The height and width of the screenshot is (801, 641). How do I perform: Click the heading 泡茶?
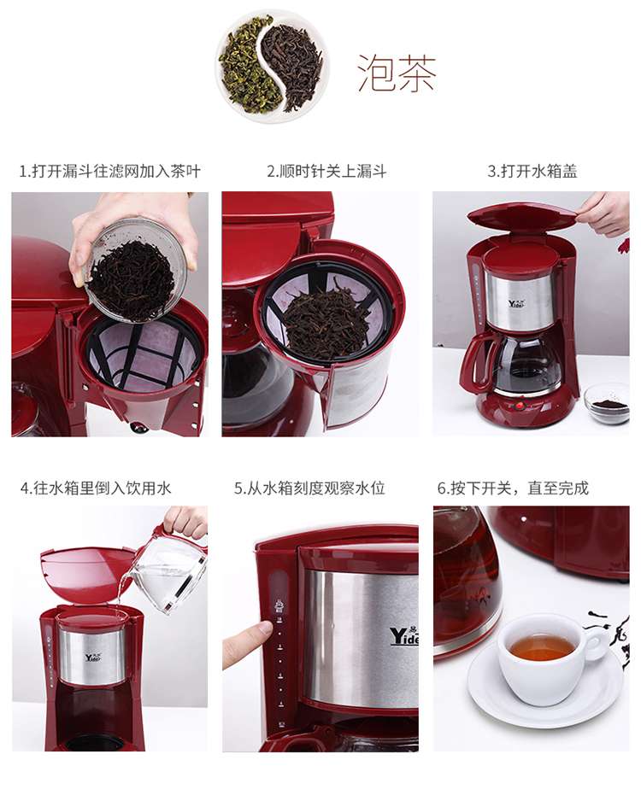pyautogui.click(x=397, y=73)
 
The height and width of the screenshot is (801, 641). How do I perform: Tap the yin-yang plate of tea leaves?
pyautogui.click(x=272, y=66)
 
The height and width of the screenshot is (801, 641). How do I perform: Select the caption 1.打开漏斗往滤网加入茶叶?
pyautogui.click(x=110, y=171)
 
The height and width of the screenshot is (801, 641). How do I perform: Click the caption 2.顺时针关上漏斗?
pyautogui.click(x=326, y=171)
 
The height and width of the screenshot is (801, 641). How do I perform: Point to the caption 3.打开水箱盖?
pyautogui.click(x=532, y=171)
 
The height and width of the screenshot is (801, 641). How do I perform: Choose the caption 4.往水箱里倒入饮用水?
pyautogui.click(x=96, y=488)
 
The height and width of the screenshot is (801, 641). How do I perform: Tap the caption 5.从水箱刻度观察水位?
pyautogui.click(x=309, y=488)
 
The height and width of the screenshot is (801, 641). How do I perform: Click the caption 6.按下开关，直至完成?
pyautogui.click(x=513, y=488)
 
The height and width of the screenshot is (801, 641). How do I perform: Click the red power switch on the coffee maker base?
pyautogui.click(x=520, y=406)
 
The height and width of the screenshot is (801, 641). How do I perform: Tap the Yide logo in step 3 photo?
pyautogui.click(x=516, y=303)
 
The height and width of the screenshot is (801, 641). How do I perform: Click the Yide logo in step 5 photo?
pyautogui.click(x=403, y=636)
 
